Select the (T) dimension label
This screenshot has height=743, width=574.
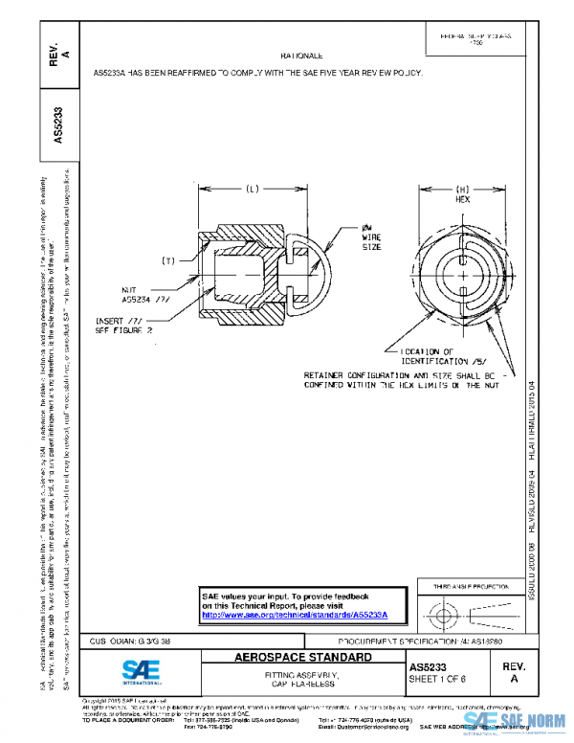pos(168,260)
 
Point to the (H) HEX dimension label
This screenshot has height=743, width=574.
pos(461,194)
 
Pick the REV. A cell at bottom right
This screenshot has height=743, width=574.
pos(514,670)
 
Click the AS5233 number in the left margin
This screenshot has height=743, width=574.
pos(59,124)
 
